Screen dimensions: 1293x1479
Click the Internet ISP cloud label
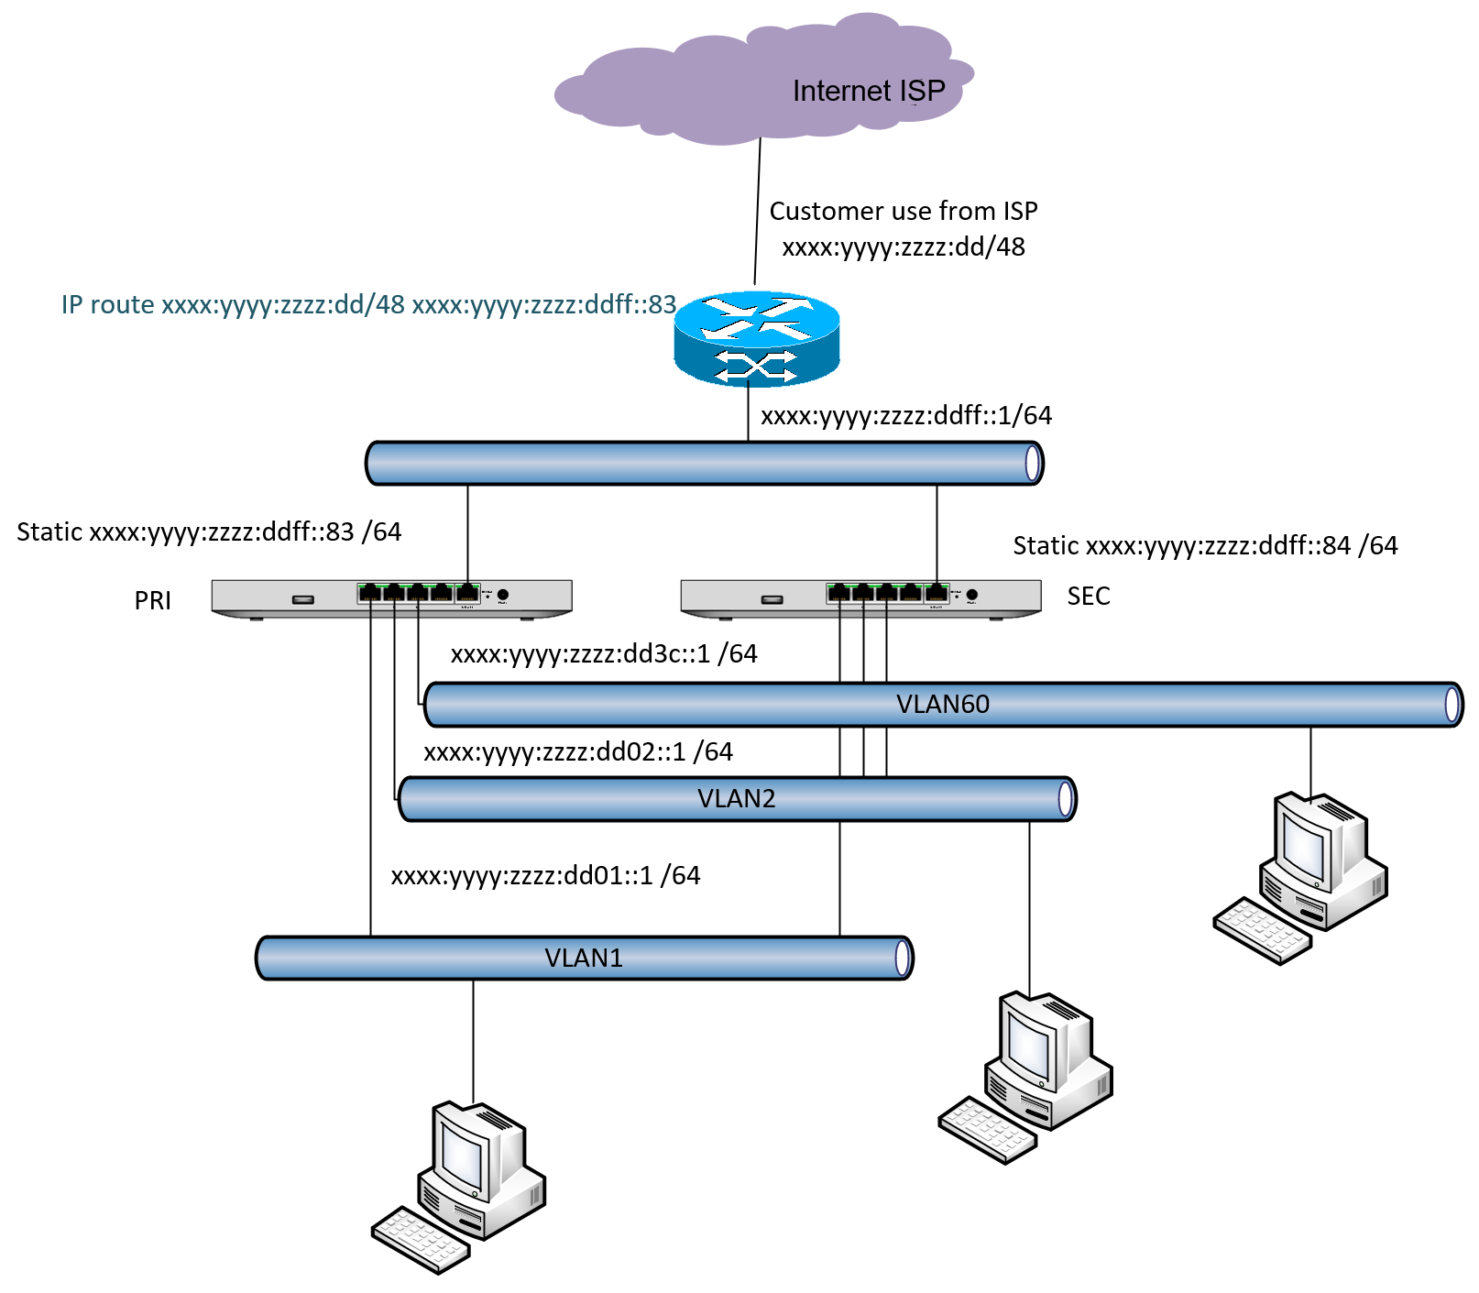[x=868, y=91]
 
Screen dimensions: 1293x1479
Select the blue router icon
[x=757, y=340]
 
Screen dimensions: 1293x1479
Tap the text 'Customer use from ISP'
[x=903, y=211]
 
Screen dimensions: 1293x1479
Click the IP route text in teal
[x=368, y=304]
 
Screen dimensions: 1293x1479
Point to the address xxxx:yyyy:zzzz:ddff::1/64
[x=905, y=415]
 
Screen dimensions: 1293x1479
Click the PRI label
[x=152, y=600]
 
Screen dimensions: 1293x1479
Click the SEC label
[x=1088, y=596]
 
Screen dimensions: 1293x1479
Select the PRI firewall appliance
[x=391, y=598]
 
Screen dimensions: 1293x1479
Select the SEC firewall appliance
[x=860, y=598]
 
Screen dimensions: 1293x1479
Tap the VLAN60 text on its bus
[x=942, y=704]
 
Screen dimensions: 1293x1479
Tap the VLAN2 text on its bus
[x=736, y=798]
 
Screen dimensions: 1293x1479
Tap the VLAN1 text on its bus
[x=583, y=958]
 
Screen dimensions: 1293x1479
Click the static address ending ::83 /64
[x=209, y=531]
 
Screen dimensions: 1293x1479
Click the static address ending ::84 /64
[x=1204, y=545]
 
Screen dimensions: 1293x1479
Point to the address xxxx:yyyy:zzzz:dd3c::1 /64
[x=603, y=653]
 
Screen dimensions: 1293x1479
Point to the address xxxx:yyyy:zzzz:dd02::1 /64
[x=577, y=751]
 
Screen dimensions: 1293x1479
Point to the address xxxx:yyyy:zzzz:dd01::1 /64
[x=545, y=875]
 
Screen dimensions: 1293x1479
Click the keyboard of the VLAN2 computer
[x=987, y=1130]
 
